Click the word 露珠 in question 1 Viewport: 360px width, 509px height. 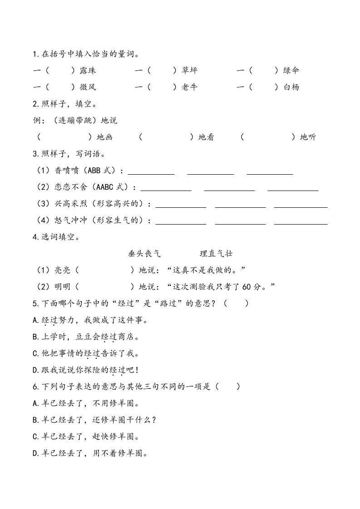click(88, 70)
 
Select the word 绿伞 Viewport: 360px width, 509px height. click(291, 70)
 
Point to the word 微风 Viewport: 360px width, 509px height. click(88, 87)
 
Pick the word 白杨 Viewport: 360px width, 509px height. click(291, 87)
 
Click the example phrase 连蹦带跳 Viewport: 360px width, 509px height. click(73, 121)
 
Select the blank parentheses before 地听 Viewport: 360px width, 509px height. click(267, 137)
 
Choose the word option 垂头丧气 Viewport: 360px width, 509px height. click(144, 254)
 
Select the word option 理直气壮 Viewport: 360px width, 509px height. click(216, 254)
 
